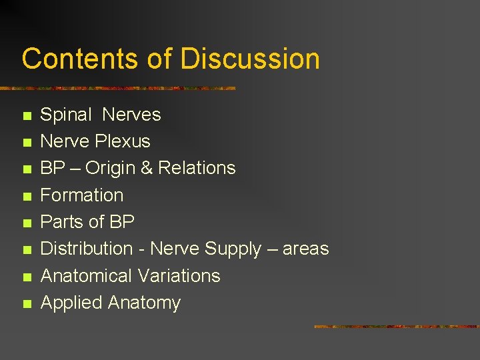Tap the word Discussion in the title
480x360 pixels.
[x=249, y=59]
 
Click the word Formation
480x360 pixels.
[x=82, y=195]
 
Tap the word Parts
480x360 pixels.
[x=61, y=222]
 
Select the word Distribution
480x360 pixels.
[x=87, y=249]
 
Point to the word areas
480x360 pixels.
[x=306, y=249]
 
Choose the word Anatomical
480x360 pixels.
[x=87, y=276]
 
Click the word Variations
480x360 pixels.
[x=179, y=276]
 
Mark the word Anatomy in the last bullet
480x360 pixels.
[x=144, y=303]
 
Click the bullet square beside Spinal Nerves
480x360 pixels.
[x=27, y=116]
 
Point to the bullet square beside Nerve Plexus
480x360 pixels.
[x=27, y=143]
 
